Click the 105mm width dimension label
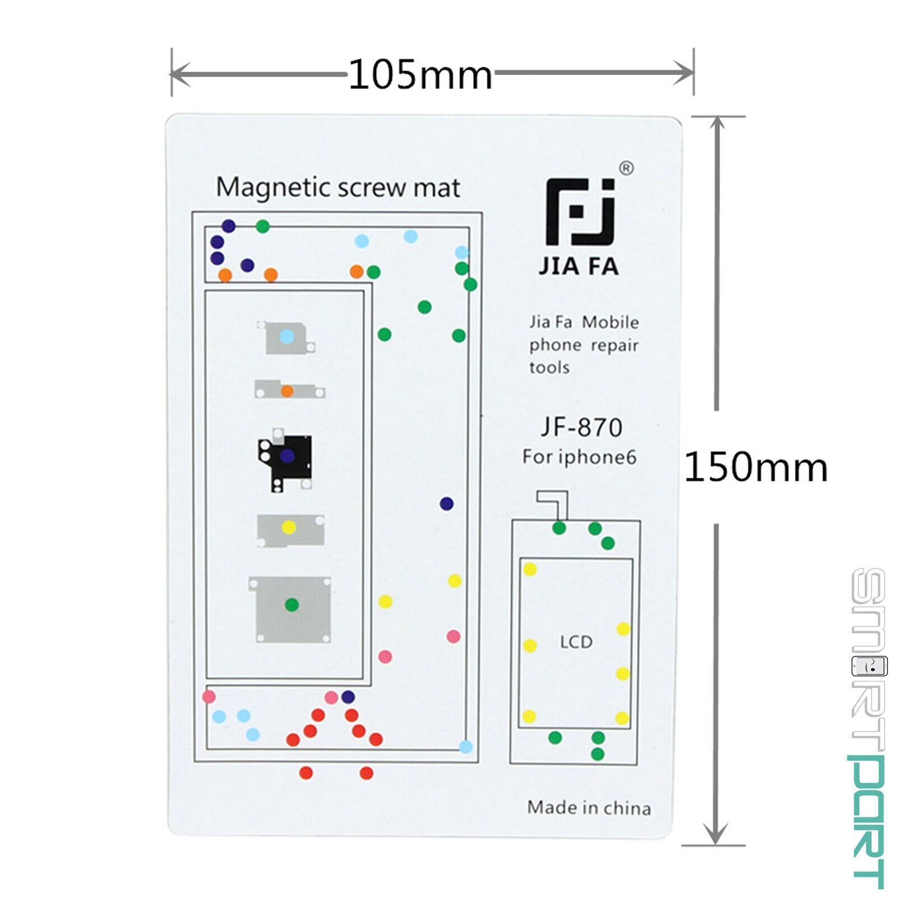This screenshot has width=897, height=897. [420, 75]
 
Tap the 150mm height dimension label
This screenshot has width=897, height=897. [756, 467]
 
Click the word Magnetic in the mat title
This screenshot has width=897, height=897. [274, 188]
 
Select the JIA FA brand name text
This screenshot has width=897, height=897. [579, 266]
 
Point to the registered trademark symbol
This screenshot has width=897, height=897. [626, 168]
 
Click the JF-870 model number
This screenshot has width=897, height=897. [581, 427]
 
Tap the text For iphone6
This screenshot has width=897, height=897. [579, 457]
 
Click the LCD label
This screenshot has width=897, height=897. [576, 642]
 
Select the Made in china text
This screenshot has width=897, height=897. [589, 808]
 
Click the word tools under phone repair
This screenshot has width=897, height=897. [549, 368]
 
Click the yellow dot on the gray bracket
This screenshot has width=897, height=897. [289, 528]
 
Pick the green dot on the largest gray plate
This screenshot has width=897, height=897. [292, 605]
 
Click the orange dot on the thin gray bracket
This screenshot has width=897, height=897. [287, 391]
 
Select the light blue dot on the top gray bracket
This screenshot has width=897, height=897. [286, 336]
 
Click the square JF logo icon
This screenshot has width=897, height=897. [580, 212]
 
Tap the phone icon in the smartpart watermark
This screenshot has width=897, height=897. [870, 666]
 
